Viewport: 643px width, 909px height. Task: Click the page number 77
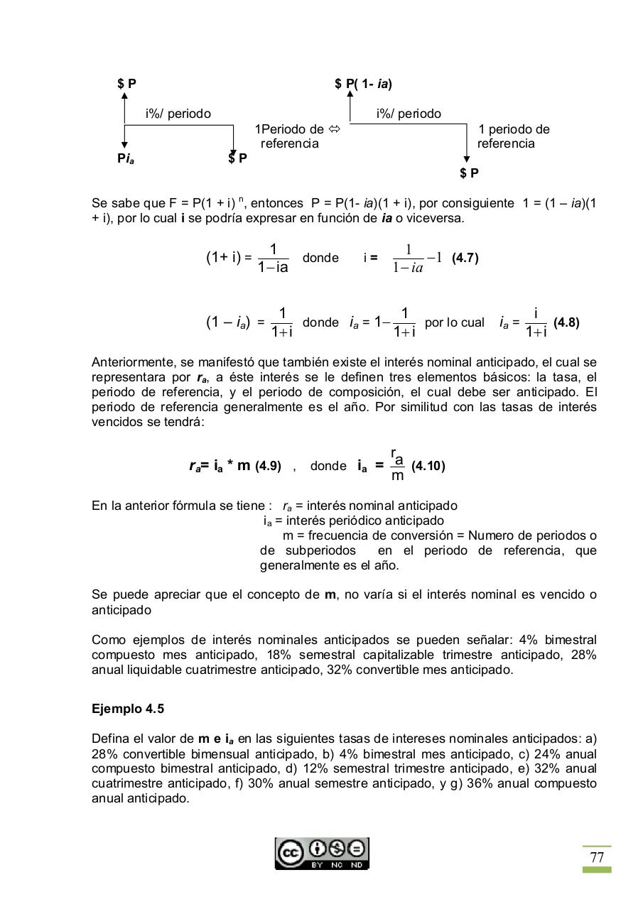pos(597,857)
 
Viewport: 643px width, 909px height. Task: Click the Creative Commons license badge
pos(322,853)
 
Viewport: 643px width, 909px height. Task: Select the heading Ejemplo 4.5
pos(128,709)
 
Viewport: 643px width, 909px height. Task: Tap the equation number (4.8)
pos(566,322)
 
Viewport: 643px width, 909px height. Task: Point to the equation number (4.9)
pos(268,466)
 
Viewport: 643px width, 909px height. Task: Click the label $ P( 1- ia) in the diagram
pos(363,84)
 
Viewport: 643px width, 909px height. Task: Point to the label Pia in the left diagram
pos(126,159)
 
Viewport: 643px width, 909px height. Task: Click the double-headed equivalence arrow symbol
pos(334,129)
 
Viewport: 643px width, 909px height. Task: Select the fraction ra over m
pos(398,464)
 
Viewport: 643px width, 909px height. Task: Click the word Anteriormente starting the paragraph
pos(132,362)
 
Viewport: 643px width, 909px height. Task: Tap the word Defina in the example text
pos(109,739)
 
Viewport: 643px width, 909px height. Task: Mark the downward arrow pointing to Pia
pos(124,138)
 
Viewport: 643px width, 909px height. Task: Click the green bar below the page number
pos(597,870)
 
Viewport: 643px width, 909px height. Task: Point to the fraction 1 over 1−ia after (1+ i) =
pos(274,258)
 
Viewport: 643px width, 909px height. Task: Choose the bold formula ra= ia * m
pos(220,466)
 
